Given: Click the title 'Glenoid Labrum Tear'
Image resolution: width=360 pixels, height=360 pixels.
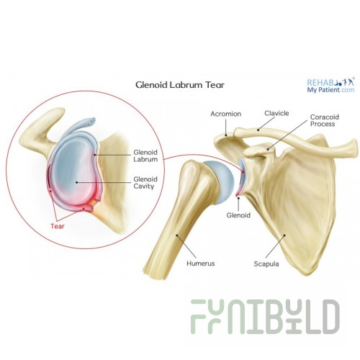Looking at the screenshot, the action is coord(180,85).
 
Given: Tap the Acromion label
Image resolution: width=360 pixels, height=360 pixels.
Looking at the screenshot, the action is coord(226,114).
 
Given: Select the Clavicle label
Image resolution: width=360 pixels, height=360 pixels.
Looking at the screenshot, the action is coord(276,113).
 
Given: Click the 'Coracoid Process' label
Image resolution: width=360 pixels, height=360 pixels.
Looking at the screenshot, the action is coord(325,120).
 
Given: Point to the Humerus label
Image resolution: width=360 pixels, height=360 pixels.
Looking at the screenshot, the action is coord(201,264).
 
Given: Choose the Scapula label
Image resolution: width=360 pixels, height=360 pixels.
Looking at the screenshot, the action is coord(266,264).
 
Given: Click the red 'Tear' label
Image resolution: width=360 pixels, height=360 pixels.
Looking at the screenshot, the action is coord(58,226).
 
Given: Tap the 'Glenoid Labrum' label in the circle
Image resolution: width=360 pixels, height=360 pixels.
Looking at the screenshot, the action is coord(145,156).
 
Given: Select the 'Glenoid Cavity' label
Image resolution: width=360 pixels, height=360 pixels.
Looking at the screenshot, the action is coord(145,183).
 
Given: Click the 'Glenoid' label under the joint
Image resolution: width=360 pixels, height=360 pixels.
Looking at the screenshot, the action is coord(238,215).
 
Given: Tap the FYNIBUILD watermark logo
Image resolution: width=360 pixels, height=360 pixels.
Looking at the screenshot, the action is coord(265,317).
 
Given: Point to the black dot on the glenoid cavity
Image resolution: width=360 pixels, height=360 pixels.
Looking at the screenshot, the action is coord(77,182).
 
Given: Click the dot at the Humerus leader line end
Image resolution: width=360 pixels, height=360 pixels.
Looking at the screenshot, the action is coord(177,235).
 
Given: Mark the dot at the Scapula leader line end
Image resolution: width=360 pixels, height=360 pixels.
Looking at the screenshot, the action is coord(285,235).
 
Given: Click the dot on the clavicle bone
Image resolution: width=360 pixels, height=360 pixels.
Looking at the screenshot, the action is coord(258,130).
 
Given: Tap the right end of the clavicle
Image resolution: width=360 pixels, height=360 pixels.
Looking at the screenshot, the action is coord(355,149).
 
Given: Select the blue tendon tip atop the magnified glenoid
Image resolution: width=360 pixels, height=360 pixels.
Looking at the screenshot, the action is coord(92,121).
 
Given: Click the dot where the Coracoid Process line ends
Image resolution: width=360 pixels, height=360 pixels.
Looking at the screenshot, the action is coord(269,149).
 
